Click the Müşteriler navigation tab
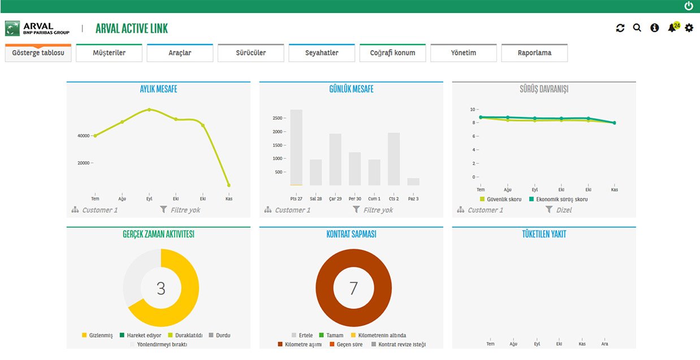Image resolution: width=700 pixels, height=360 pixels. tap(109, 53)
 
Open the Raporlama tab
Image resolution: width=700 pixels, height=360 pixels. tap(534, 53)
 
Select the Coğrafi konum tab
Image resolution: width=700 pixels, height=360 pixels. tap(392, 53)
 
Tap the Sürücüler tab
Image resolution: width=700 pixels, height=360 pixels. tap(251, 53)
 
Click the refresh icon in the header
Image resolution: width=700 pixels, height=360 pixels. tap(620, 28)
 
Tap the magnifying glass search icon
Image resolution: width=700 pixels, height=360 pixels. tap(637, 28)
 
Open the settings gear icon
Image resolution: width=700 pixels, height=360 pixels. tap(689, 28)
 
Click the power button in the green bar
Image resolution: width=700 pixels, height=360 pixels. tap(689, 6)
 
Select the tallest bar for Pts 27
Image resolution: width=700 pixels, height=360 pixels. tap(296, 148)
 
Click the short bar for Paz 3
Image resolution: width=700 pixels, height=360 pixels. tap(413, 182)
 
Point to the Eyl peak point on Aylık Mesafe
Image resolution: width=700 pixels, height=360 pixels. tap(149, 110)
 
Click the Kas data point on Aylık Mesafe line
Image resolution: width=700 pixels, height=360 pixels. tap(229, 185)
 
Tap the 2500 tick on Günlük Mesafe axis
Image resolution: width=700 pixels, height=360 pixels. tap(278, 118)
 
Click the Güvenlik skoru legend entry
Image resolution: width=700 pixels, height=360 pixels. tap(500, 199)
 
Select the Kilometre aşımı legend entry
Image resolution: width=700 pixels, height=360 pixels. tap(300, 344)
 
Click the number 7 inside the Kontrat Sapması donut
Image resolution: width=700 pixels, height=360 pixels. tap(353, 288)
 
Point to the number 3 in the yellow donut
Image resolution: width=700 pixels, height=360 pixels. tap(161, 288)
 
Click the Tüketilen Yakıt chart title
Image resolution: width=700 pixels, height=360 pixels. tap(544, 234)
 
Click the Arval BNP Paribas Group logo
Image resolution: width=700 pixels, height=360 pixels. tap(37, 28)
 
